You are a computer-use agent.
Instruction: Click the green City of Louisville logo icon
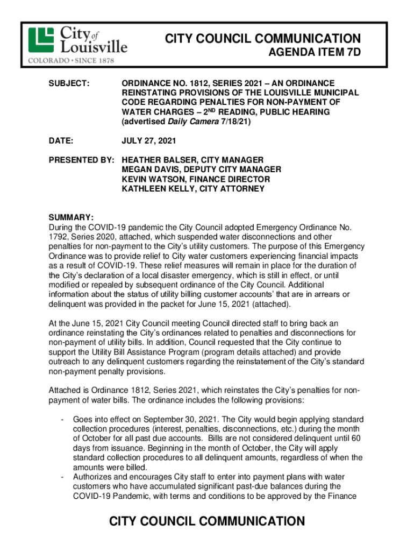[41, 39]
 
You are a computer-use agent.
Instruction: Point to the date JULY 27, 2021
[148, 140]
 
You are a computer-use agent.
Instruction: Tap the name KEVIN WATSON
[151, 179]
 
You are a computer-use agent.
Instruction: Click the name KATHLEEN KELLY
[155, 189]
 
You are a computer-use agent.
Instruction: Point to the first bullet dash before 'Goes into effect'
[63, 419]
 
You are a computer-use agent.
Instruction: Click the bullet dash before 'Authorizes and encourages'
[63, 477]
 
